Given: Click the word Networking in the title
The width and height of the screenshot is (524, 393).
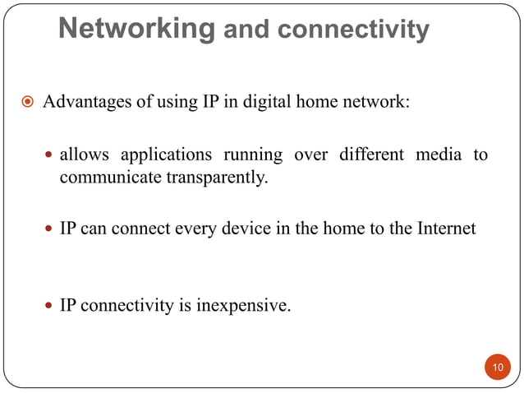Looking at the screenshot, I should pyautogui.click(x=137, y=30).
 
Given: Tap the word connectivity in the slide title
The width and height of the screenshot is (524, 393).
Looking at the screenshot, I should pyautogui.click(x=353, y=30).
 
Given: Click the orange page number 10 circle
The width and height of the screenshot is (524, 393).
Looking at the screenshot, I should pyautogui.click(x=497, y=366).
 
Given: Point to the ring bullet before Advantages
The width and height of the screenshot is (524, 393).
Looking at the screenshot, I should pyautogui.click(x=26, y=104).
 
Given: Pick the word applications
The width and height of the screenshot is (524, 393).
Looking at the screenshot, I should pyautogui.click(x=160, y=155).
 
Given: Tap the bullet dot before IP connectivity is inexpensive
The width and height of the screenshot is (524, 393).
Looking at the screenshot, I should pyautogui.click(x=48, y=307).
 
